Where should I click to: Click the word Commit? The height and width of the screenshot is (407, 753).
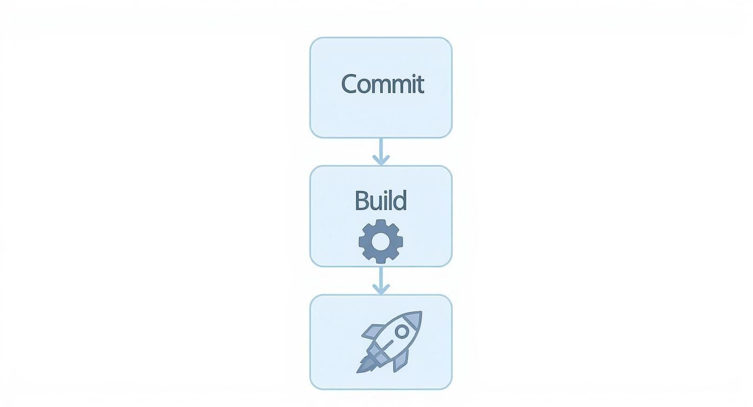click(382, 84)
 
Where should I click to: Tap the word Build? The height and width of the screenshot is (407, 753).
click(380, 201)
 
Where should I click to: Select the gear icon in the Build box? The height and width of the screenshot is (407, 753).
click(381, 241)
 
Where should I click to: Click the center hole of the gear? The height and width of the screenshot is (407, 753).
click(381, 241)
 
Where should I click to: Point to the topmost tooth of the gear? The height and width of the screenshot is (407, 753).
click(381, 223)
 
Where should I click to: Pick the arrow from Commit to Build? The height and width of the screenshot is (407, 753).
click(381, 152)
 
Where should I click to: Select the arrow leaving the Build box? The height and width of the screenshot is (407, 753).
click(381, 280)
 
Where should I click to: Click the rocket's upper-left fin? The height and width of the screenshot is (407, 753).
click(373, 332)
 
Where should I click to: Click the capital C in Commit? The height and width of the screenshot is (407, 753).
click(351, 84)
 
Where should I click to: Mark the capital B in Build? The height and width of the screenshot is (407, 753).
click(361, 201)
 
